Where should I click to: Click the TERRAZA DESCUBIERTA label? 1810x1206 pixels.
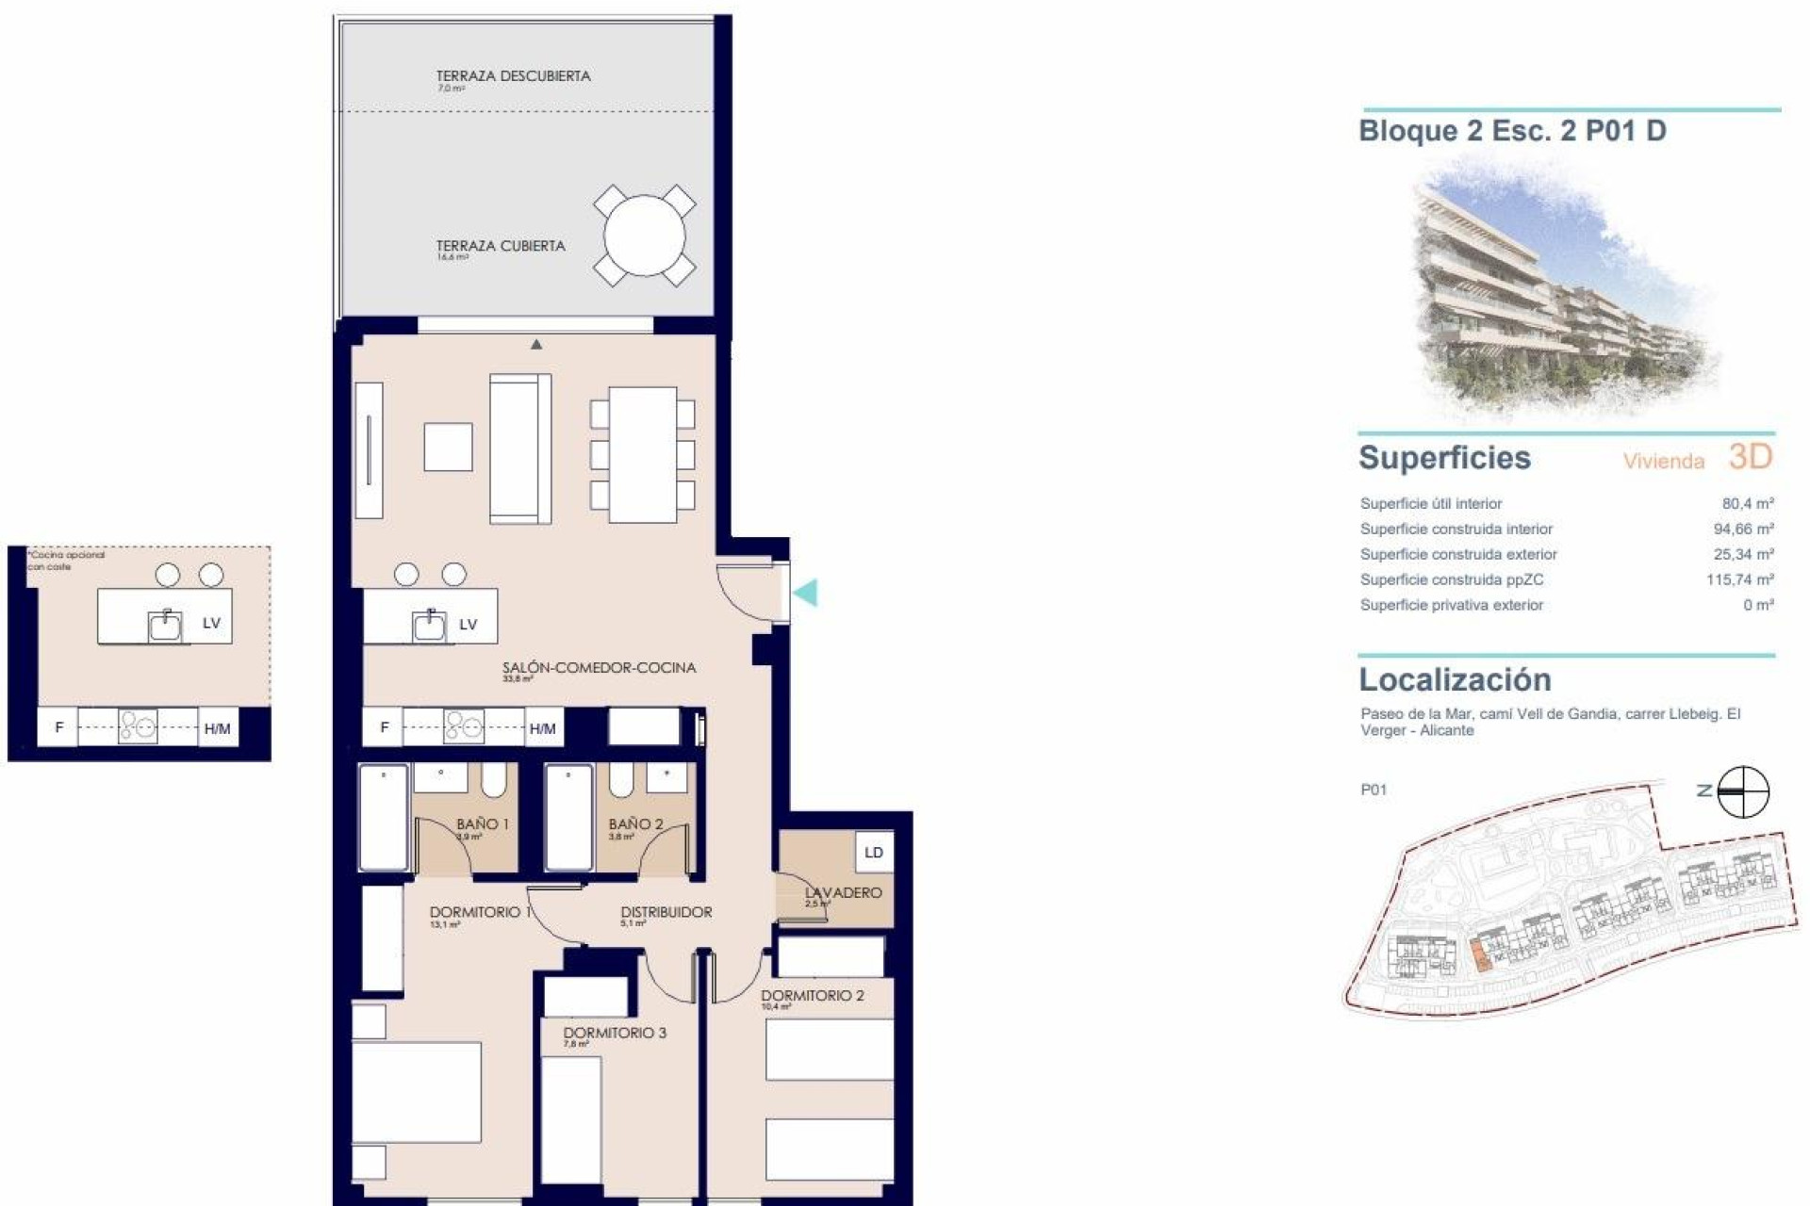pos(513,76)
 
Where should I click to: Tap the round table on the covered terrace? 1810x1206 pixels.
pos(645,236)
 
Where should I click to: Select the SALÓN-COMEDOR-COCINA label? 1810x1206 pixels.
pos(599,668)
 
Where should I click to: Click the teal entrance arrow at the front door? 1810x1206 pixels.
pos(806,593)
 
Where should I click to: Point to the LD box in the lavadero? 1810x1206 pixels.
pos(873,853)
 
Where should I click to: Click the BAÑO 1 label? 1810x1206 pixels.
pos(482,824)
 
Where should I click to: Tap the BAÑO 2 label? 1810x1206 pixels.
pos(635,824)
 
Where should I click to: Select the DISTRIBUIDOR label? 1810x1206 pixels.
pos(666,912)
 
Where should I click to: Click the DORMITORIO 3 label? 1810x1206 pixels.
pos(615,1033)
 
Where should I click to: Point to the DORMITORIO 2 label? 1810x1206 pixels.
pos(812,996)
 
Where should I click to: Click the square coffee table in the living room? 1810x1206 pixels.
pos(448,447)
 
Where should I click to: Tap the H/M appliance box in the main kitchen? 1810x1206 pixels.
pos(542,728)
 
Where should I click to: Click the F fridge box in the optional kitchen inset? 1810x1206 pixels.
pos(59,727)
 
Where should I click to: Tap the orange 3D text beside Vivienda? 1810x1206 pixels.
pos(1751,457)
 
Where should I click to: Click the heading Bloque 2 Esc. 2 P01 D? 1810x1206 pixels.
pos(1512,131)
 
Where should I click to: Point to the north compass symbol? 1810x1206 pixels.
pos(1742,791)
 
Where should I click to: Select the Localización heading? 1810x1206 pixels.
pos(1455,679)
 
